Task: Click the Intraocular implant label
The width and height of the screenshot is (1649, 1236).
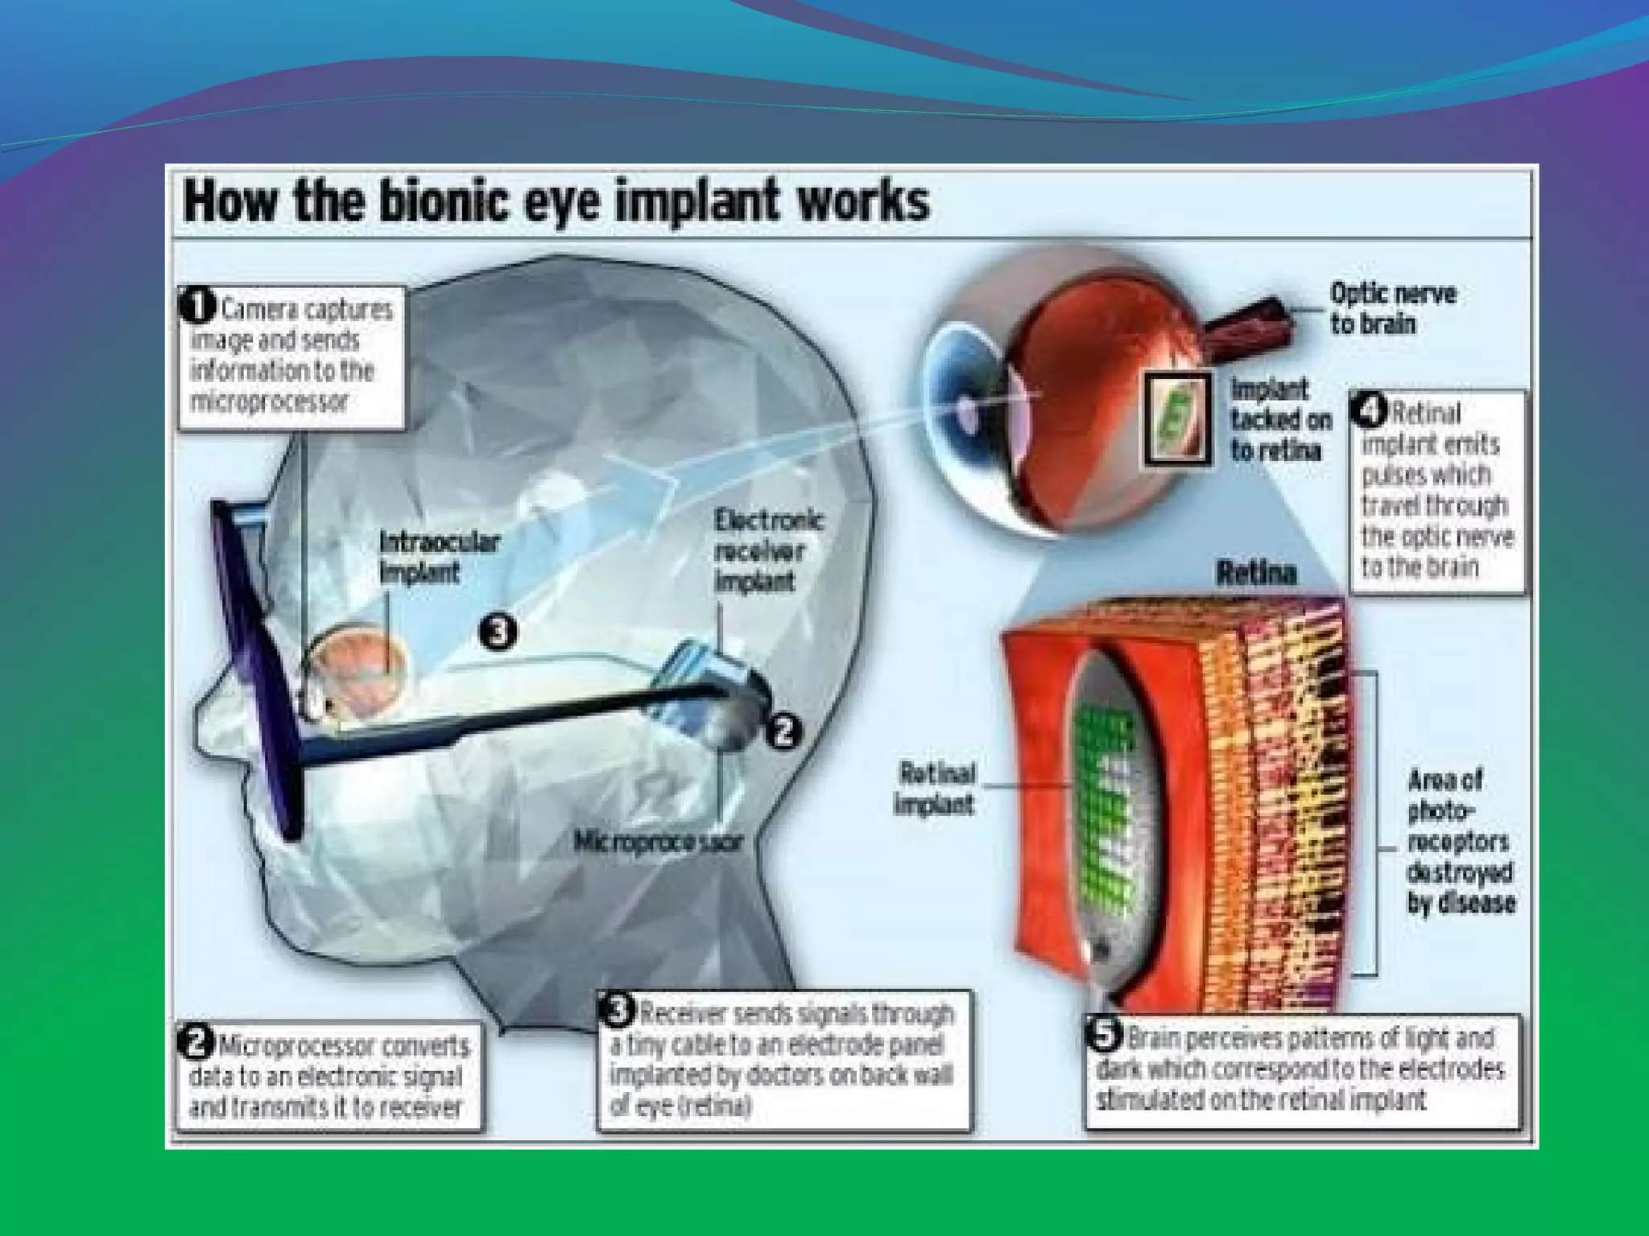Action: coord(439,557)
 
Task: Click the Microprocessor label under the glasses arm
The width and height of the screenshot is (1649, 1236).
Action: coord(659,842)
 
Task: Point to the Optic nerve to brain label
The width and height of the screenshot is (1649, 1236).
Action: coord(1392,308)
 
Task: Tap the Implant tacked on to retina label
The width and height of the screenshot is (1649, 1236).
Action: coord(1279,420)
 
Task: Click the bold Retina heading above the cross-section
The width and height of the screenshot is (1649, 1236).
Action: coord(1256,573)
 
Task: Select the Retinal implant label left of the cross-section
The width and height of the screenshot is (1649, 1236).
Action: coord(936,789)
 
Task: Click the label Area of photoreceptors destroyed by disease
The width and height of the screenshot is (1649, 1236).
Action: coord(1460,841)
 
